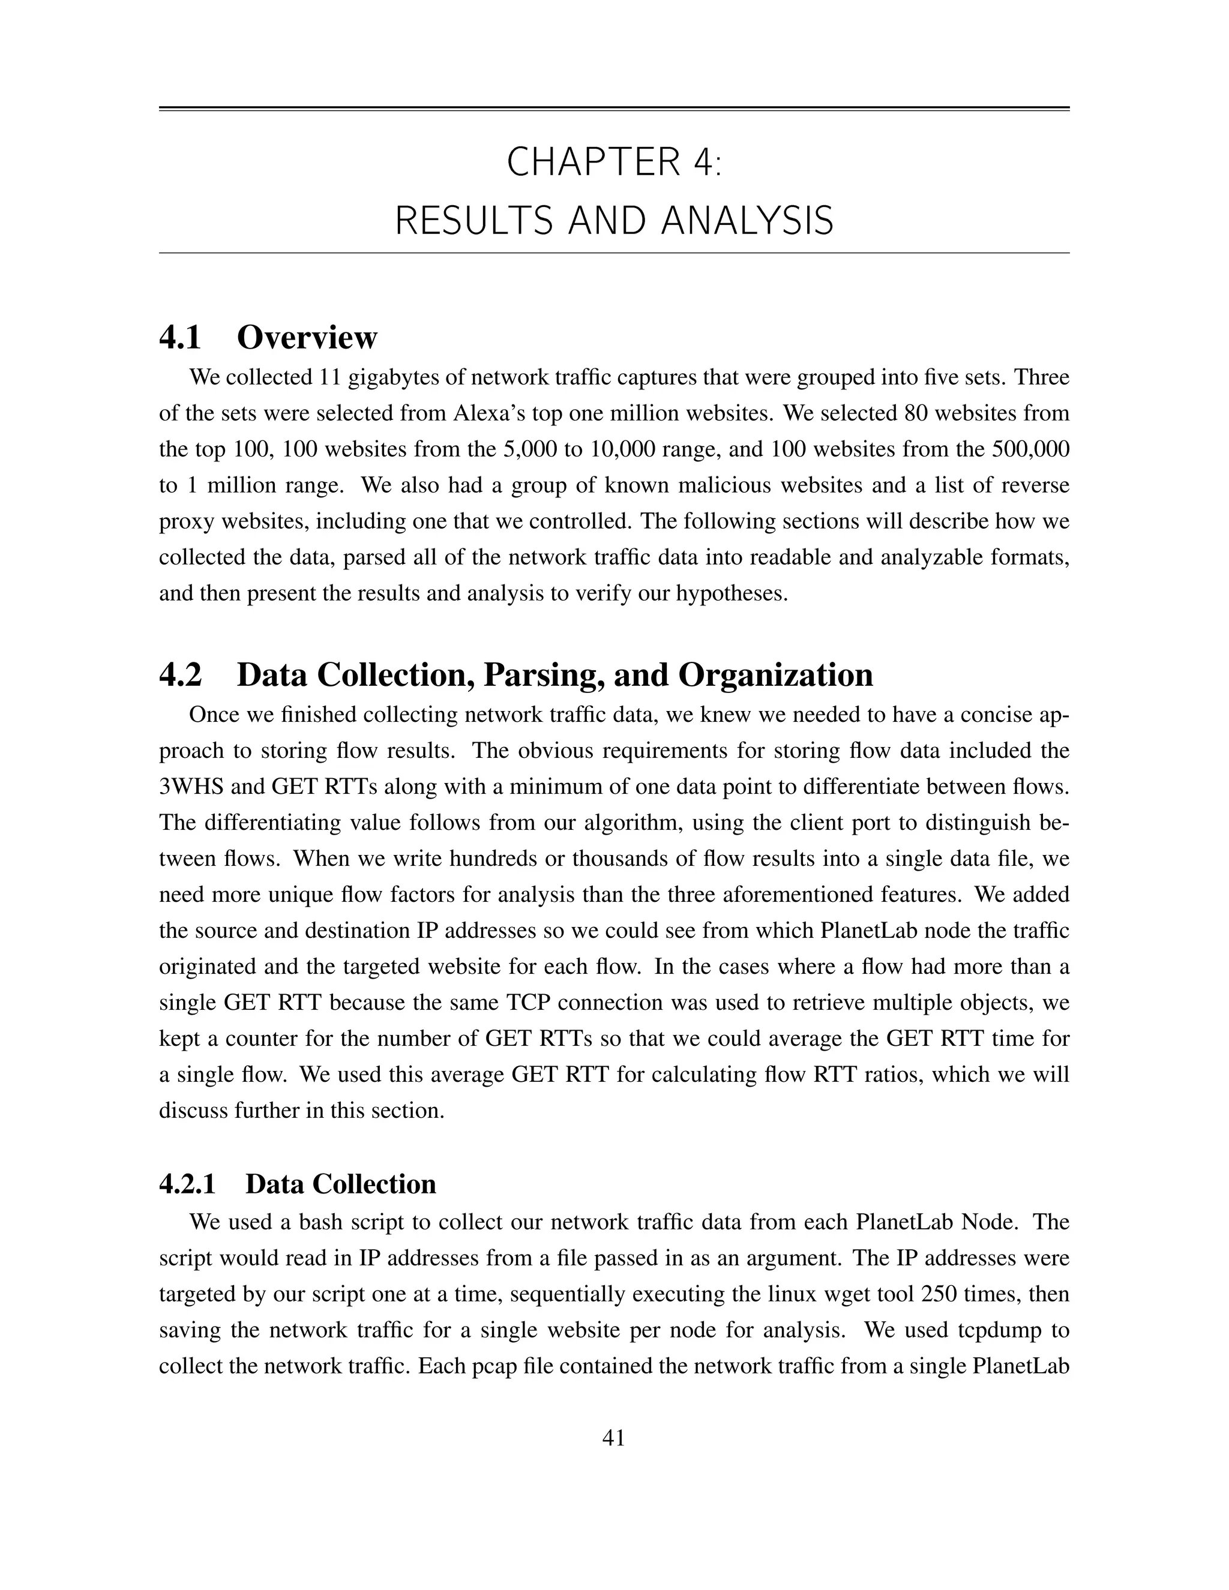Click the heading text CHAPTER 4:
(614, 161)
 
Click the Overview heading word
(307, 338)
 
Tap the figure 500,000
(1030, 449)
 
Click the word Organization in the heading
(775, 675)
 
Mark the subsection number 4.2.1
(187, 1184)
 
